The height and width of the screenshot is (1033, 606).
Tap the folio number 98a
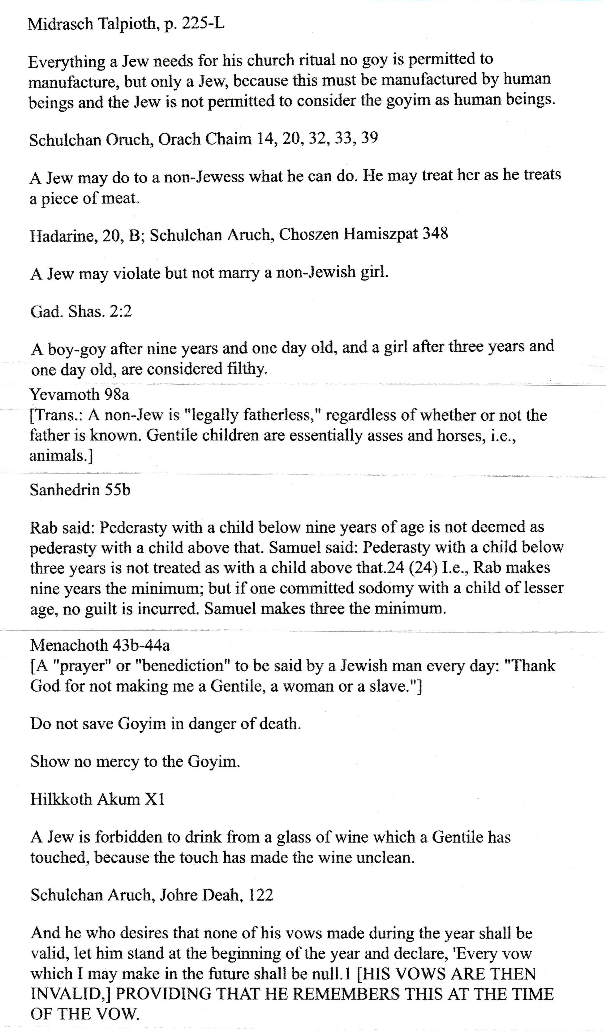(x=116, y=394)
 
